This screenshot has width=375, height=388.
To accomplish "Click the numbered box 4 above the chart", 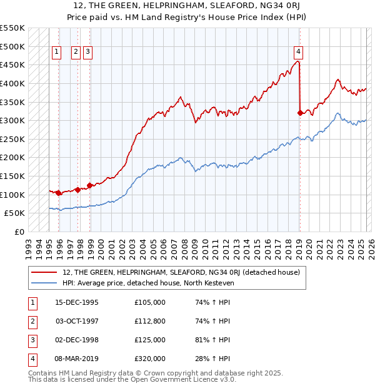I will [299, 52].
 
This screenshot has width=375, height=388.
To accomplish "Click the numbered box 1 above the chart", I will [57, 52].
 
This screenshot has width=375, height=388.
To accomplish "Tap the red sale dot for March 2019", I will [300, 113].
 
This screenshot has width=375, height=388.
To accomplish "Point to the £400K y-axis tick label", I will [12, 83].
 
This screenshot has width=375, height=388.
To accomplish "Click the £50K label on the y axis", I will [15, 213].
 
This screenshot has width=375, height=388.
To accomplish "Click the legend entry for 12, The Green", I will [181, 272].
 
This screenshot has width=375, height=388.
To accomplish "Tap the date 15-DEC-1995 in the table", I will [77, 302].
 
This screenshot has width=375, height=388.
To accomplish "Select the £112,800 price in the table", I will [150, 321].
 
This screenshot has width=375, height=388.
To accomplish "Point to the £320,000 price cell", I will [150, 359].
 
